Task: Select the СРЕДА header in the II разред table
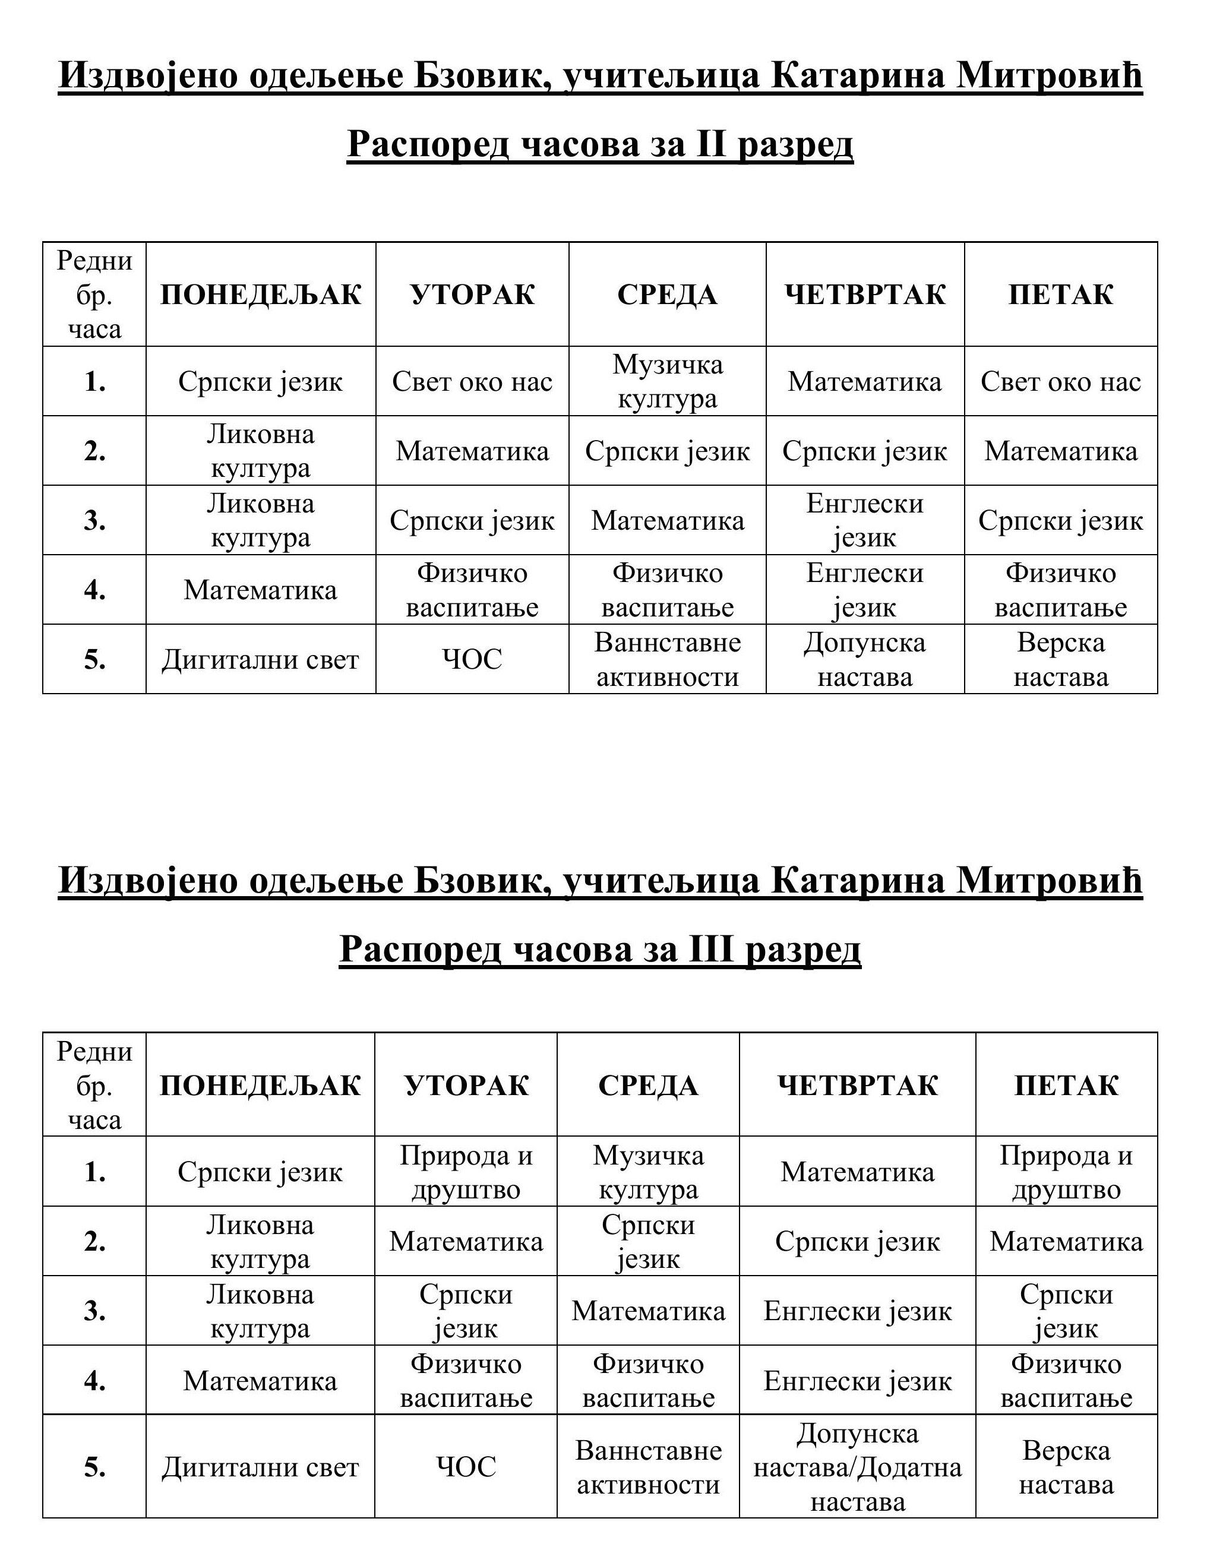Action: (667, 295)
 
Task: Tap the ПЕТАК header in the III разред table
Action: (1066, 1086)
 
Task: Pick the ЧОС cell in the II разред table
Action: (472, 660)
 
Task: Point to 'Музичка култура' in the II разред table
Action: (667, 381)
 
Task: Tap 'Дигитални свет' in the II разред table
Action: (260, 660)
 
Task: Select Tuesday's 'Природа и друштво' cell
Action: (466, 1172)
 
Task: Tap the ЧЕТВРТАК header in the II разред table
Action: (864, 295)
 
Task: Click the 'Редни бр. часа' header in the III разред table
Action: (94, 1086)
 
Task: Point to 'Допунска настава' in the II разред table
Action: (864, 660)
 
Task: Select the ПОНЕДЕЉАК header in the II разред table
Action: (260, 295)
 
